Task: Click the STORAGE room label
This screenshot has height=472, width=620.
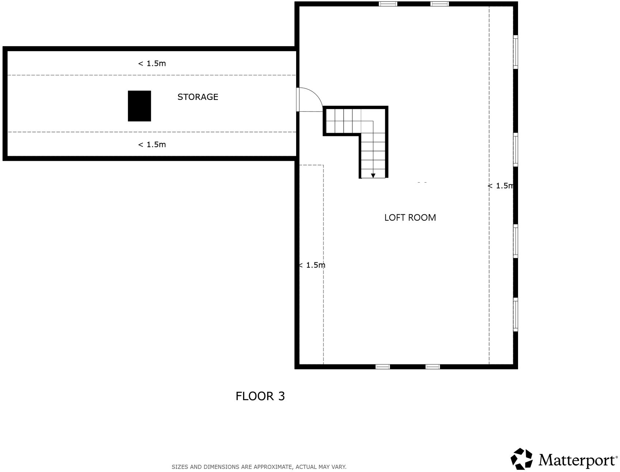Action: click(x=198, y=97)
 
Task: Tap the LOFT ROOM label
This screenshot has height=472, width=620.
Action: click(x=410, y=218)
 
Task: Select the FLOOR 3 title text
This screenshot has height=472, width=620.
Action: click(x=260, y=396)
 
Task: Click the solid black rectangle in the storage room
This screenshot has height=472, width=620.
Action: click(x=139, y=106)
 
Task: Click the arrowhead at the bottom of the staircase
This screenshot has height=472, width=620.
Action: click(x=373, y=176)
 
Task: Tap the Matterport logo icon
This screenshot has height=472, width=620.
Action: click(x=522, y=458)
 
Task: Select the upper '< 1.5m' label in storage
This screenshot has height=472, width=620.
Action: click(x=152, y=64)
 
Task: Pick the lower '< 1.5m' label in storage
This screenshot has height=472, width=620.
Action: click(x=152, y=145)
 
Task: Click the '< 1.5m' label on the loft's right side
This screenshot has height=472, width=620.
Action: click(x=500, y=186)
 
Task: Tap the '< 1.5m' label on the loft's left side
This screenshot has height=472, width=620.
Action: click(x=312, y=265)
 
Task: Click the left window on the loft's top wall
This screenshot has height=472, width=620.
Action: click(x=388, y=4)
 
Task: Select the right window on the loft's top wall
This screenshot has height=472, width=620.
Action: click(x=439, y=4)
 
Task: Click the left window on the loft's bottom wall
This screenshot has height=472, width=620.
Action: click(x=383, y=367)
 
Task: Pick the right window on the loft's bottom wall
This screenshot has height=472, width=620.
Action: click(x=432, y=367)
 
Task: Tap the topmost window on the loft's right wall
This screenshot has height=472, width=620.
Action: click(x=515, y=52)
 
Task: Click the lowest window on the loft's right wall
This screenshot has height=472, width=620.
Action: click(x=515, y=314)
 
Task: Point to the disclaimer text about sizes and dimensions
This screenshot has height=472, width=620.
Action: click(x=259, y=467)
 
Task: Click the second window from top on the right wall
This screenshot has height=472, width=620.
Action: click(x=515, y=149)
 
